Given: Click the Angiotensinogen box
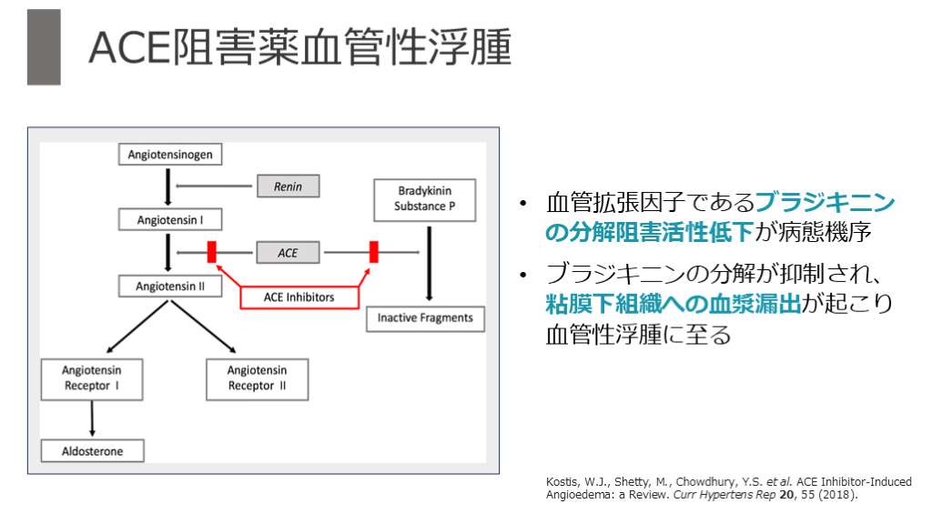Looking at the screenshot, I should (170, 155).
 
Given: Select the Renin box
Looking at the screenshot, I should (288, 186).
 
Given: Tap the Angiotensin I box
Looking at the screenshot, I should (170, 220).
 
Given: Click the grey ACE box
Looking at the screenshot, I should (288, 252).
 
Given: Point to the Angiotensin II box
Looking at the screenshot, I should (170, 286).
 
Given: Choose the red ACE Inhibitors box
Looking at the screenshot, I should (299, 297).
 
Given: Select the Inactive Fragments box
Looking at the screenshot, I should (425, 318).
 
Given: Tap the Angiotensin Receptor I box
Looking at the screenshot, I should (91, 378).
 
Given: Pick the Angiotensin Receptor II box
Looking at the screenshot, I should (257, 378).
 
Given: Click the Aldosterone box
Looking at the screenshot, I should (91, 450).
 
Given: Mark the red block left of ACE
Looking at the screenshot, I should (211, 252).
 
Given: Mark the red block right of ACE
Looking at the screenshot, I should (373, 252).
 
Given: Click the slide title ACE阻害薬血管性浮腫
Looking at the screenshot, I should (299, 47).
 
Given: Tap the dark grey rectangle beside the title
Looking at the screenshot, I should (44, 47).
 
